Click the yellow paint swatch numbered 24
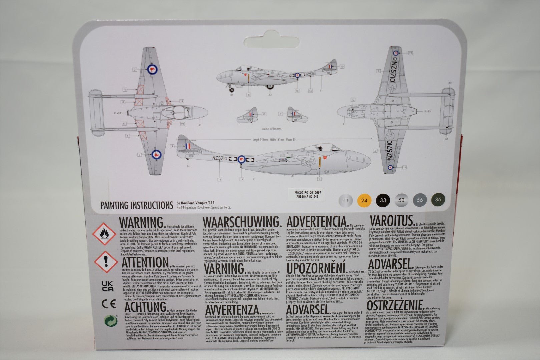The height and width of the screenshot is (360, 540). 364,200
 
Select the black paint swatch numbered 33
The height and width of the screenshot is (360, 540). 383,200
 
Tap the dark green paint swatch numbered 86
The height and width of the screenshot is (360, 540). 438,200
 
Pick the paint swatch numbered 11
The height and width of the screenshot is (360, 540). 345,201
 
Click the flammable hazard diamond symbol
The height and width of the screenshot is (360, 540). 104,234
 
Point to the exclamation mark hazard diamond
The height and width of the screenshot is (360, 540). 106,262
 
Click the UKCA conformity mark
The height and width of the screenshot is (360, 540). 107,286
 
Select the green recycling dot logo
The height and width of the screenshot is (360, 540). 111,321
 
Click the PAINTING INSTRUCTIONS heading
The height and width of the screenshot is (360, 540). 137,205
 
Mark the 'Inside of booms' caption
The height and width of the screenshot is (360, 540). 271,129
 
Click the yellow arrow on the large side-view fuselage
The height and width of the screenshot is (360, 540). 320,162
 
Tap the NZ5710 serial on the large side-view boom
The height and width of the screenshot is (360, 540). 219,159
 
